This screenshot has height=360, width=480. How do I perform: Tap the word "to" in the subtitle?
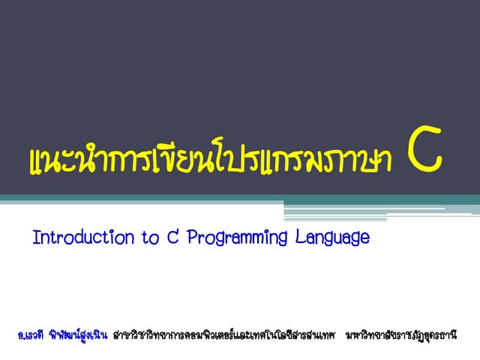[149, 238]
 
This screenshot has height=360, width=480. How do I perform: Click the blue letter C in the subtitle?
[172, 238]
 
